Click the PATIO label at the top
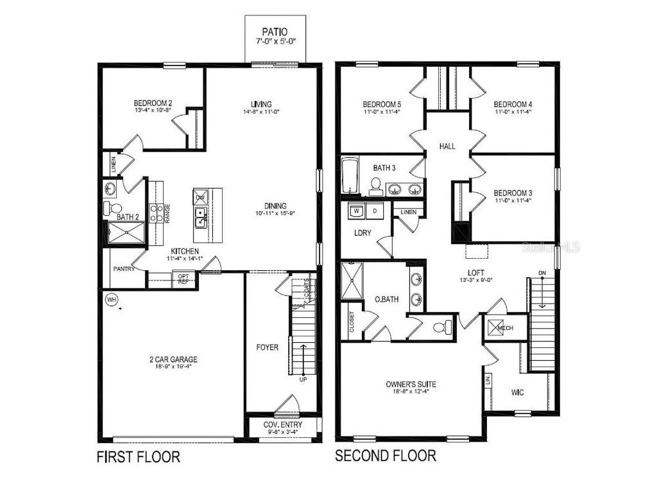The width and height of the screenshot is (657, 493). pos(275,31)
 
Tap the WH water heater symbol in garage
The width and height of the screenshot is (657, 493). pos(112,300)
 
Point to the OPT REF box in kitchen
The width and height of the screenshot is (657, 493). pos(183,278)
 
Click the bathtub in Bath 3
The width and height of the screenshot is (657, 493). pos(350,175)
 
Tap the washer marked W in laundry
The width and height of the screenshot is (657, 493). pos(355,211)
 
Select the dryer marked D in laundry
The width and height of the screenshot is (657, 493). pos(376,211)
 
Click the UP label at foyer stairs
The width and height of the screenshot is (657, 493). pos(303,380)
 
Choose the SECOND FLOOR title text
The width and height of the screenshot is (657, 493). pos(386,456)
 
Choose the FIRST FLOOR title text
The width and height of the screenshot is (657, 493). pos(138,457)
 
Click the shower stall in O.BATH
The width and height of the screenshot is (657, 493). pos(352,281)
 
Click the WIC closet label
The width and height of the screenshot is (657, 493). pos(518,392)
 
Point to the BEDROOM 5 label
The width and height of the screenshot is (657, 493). pos(382,104)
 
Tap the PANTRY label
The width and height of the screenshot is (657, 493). pos(123,269)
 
